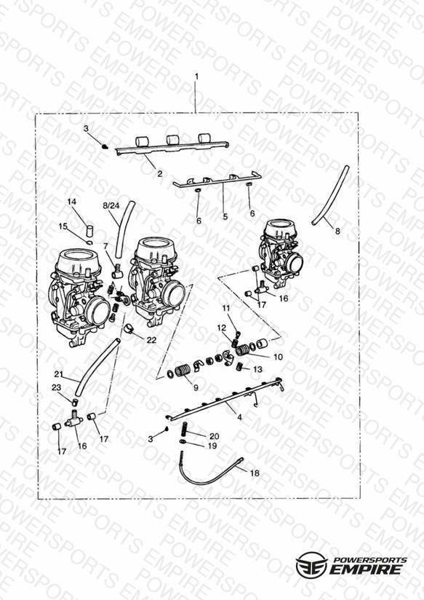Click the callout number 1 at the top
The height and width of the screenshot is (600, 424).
[196, 76]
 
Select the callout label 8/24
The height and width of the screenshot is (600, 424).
[111, 206]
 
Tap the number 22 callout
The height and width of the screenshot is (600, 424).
[151, 340]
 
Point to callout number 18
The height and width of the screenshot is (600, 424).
[255, 473]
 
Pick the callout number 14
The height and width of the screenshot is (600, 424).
[72, 202]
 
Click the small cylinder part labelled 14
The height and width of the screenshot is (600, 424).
[90, 232]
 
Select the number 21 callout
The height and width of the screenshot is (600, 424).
[58, 374]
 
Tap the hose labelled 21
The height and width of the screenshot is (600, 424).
[97, 367]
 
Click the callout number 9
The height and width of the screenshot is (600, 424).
[196, 387]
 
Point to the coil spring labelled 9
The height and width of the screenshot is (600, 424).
[183, 371]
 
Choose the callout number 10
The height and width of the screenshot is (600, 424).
[278, 357]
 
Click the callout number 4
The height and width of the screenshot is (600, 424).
[239, 417]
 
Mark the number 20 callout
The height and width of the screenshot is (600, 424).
[214, 436]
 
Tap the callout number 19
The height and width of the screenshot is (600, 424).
[212, 446]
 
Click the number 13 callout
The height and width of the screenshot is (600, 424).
[258, 369]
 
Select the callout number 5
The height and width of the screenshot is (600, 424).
[225, 216]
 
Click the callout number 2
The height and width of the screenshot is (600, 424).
[160, 173]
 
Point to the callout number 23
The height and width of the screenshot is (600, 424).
[56, 387]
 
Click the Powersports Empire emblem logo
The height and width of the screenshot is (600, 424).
[311, 565]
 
